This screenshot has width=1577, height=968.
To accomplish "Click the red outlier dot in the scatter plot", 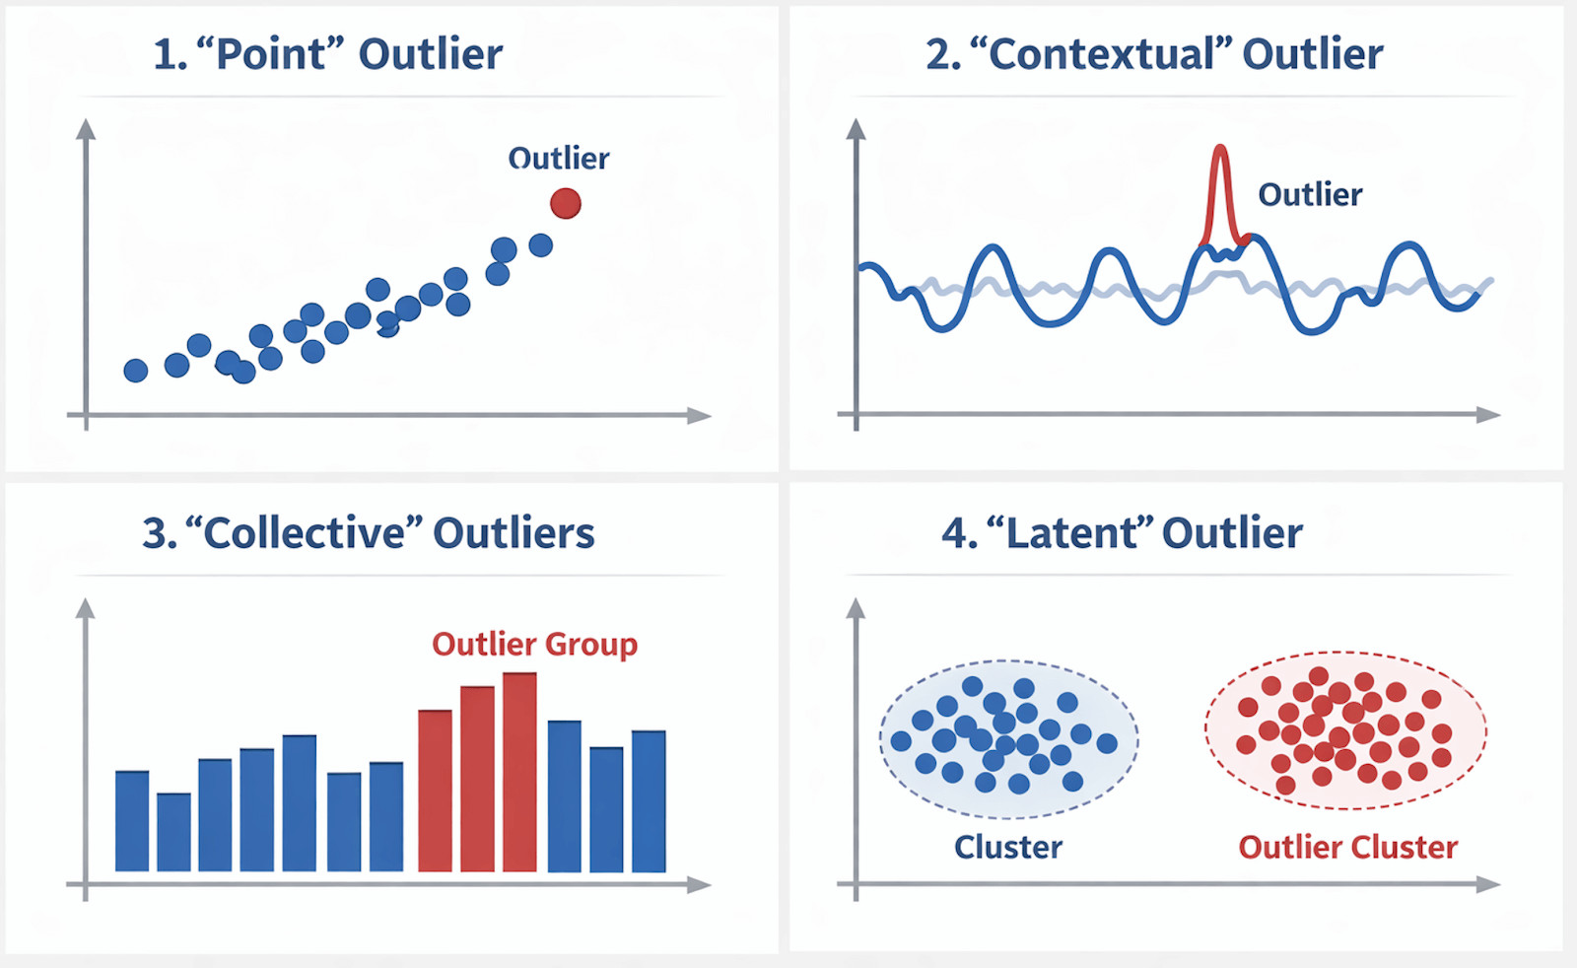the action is [x=566, y=203].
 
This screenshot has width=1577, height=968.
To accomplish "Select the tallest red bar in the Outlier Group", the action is [x=519, y=772].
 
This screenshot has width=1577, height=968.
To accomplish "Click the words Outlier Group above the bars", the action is [x=534, y=644].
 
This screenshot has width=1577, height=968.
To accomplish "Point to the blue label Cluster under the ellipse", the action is [x=1008, y=847].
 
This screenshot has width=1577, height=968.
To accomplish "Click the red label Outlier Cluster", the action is [x=1347, y=847].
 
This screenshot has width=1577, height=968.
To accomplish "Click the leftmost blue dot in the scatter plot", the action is [x=136, y=370].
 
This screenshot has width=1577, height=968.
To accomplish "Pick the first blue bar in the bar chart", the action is [x=132, y=821].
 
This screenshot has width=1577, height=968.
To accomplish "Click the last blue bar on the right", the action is [x=649, y=801].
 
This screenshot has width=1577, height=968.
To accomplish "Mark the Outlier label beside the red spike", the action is [x=1310, y=194].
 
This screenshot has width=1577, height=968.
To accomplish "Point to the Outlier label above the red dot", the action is [x=558, y=159].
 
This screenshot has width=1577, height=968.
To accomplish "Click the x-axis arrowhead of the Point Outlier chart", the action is [x=699, y=415].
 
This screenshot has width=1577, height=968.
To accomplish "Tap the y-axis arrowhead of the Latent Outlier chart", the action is [x=856, y=609].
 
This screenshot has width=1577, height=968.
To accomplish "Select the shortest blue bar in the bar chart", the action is [x=173, y=832].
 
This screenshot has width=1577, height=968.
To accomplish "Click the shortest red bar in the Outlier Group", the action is [x=435, y=791].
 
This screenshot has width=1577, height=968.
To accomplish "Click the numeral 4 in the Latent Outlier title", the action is [x=955, y=533].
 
